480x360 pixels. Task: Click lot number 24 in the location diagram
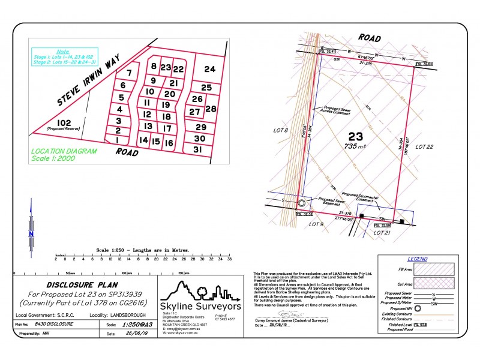point(209,70)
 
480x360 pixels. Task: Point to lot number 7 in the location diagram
point(128,73)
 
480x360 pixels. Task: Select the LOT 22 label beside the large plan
point(424,146)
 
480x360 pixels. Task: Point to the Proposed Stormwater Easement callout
point(359,197)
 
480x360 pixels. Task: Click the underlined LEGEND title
point(417,259)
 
